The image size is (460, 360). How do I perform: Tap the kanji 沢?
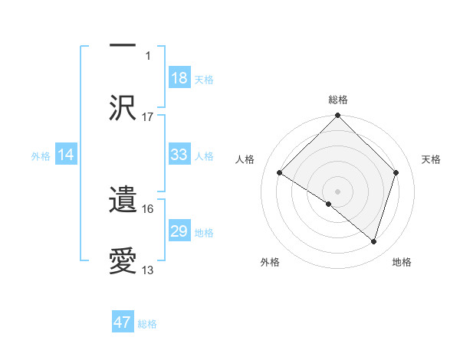(x=123, y=106)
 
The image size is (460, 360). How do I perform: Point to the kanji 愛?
(x=123, y=260)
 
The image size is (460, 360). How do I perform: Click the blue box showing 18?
(x=179, y=78)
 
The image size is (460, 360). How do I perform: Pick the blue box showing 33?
(x=179, y=155)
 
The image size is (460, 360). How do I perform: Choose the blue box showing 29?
(x=179, y=231)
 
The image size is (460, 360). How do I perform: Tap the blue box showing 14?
(x=66, y=155)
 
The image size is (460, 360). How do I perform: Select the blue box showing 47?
(x=123, y=322)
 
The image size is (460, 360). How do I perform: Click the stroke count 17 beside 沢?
(x=148, y=117)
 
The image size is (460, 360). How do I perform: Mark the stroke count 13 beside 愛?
(x=148, y=270)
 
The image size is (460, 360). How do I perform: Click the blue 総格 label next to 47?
(x=147, y=324)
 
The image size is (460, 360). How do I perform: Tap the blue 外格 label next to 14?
(x=41, y=155)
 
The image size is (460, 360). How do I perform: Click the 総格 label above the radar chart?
(x=338, y=100)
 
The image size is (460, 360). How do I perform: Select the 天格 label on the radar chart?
(x=432, y=159)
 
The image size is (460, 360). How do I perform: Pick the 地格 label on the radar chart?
(x=402, y=262)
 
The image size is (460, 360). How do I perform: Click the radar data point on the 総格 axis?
(x=337, y=116)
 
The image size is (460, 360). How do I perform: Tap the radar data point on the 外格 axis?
(x=329, y=204)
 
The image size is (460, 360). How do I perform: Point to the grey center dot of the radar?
(x=337, y=190)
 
